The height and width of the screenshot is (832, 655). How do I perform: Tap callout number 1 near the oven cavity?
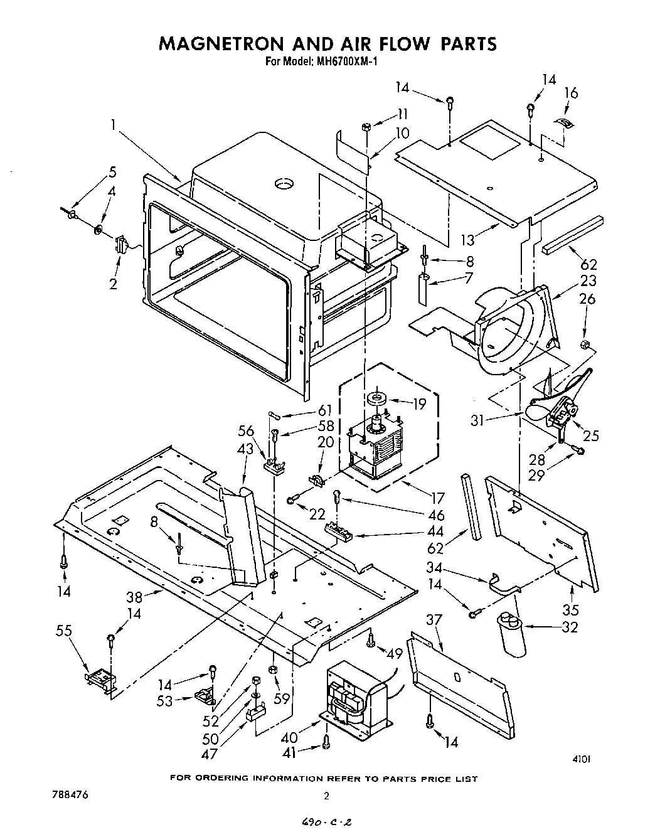click(x=114, y=125)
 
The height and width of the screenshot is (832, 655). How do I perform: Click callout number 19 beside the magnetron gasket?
click(x=419, y=405)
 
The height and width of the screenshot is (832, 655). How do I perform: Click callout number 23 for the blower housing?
click(x=588, y=280)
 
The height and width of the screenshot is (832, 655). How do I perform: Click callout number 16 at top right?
click(x=571, y=93)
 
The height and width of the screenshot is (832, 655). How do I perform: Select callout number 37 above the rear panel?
click(x=434, y=621)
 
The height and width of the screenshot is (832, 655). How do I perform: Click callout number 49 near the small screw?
click(x=394, y=654)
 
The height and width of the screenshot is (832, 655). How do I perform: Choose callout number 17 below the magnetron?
click(x=437, y=499)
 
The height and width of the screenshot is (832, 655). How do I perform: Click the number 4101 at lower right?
click(x=581, y=759)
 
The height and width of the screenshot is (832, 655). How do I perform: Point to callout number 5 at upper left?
click(x=112, y=171)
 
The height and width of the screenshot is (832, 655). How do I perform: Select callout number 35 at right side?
click(x=571, y=609)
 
